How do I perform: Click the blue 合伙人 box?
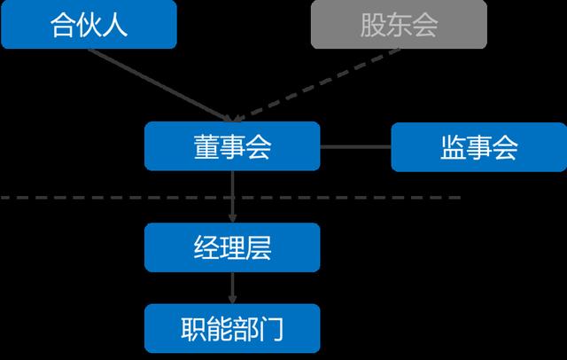point(89,24)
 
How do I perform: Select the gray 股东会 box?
point(399,24)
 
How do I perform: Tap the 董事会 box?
point(231,146)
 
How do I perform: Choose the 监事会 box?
point(478,146)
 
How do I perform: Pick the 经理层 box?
point(231,247)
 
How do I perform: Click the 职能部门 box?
point(231,329)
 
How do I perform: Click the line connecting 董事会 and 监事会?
point(354,146)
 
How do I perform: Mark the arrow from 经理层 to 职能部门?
point(232,287)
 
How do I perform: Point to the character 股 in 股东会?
point(373,25)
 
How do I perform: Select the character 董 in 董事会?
point(206,147)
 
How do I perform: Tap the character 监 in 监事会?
point(453,147)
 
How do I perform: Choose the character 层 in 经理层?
point(258,247)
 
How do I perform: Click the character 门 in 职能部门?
point(271,329)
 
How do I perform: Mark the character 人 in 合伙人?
point(115,25)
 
